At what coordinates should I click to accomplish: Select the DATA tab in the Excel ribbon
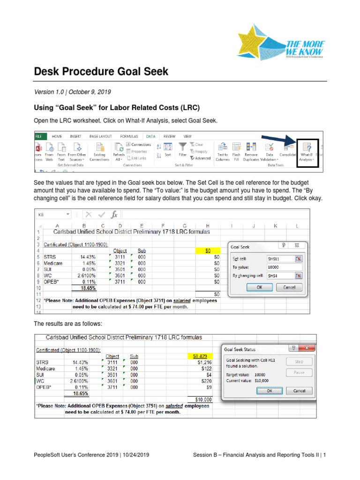(150, 136)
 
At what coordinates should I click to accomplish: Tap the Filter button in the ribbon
(183, 150)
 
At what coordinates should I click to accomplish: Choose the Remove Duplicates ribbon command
(251, 151)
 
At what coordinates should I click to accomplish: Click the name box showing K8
(52, 214)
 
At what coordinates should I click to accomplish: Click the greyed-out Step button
(299, 362)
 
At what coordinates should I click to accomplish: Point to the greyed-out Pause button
(299, 373)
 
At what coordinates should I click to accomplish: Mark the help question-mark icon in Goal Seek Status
(293, 348)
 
